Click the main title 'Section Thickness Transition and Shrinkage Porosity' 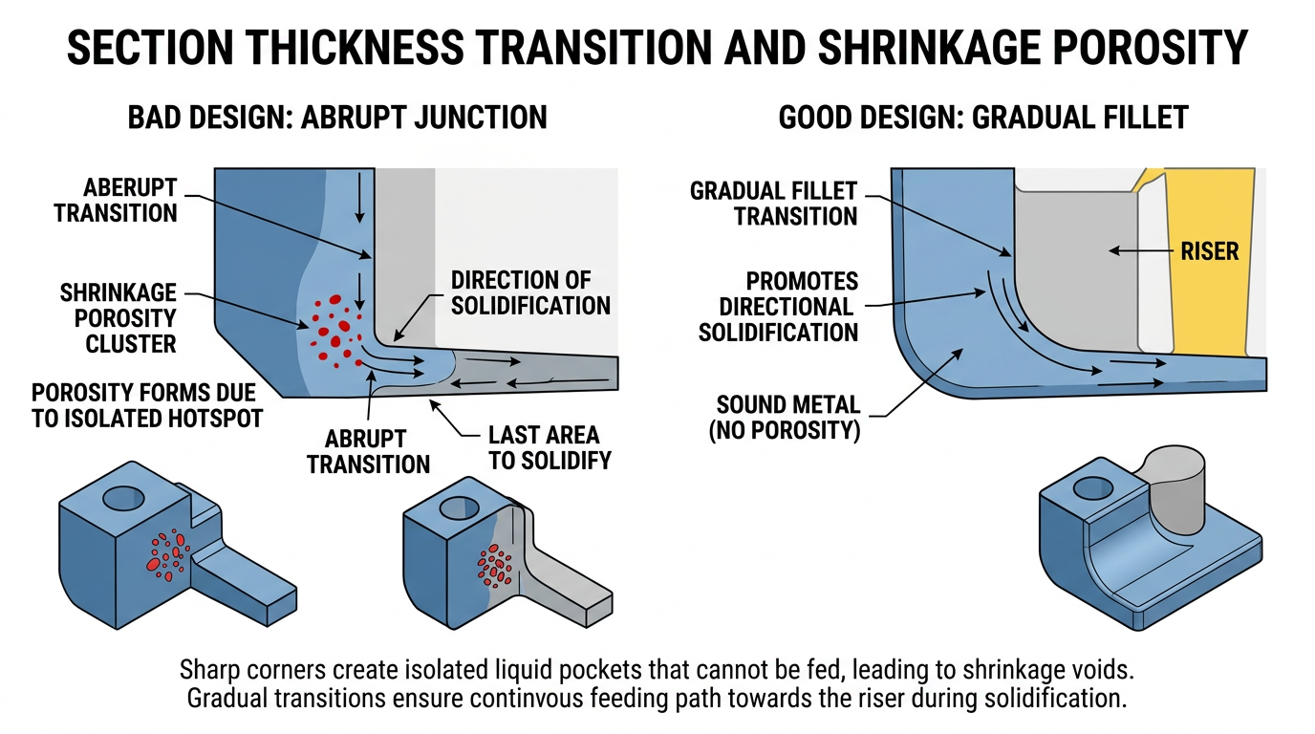tap(657, 48)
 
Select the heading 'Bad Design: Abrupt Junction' tap(337, 118)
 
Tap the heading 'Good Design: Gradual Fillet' tap(983, 118)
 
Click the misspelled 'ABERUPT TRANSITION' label tap(116, 199)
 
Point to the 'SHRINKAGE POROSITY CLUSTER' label tap(119, 317)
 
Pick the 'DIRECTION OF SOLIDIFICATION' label tap(530, 293)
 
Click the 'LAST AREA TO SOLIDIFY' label tap(550, 447)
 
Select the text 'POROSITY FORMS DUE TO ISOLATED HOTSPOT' tap(146, 406)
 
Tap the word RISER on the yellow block tap(1209, 251)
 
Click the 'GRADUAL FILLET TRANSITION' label tap(774, 204)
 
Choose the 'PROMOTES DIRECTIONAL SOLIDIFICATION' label tap(778, 307)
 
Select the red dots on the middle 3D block tap(495, 565)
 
